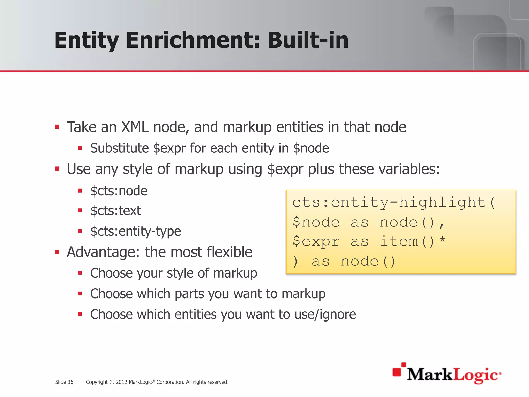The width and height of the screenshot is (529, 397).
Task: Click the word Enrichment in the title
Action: pos(193,40)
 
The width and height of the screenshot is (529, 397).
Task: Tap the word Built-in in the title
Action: pos(308,40)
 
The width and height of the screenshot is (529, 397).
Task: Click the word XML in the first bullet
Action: pos(135,127)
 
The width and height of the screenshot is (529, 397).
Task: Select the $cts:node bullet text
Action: pos(119,191)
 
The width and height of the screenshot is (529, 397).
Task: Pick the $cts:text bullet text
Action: pos(115,211)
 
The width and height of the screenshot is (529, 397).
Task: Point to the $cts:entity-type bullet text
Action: pos(136,231)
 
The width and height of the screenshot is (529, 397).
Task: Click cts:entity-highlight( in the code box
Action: pos(394,202)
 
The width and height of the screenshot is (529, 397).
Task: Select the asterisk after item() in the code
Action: pos(442,240)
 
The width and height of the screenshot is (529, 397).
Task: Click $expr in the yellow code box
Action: pos(316,241)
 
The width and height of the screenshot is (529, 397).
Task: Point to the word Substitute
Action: pos(119,148)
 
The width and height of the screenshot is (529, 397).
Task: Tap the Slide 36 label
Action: pos(64,382)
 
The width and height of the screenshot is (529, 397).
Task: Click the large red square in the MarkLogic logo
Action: pos(397,372)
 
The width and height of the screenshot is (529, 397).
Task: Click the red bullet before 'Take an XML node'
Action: pos(57,127)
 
